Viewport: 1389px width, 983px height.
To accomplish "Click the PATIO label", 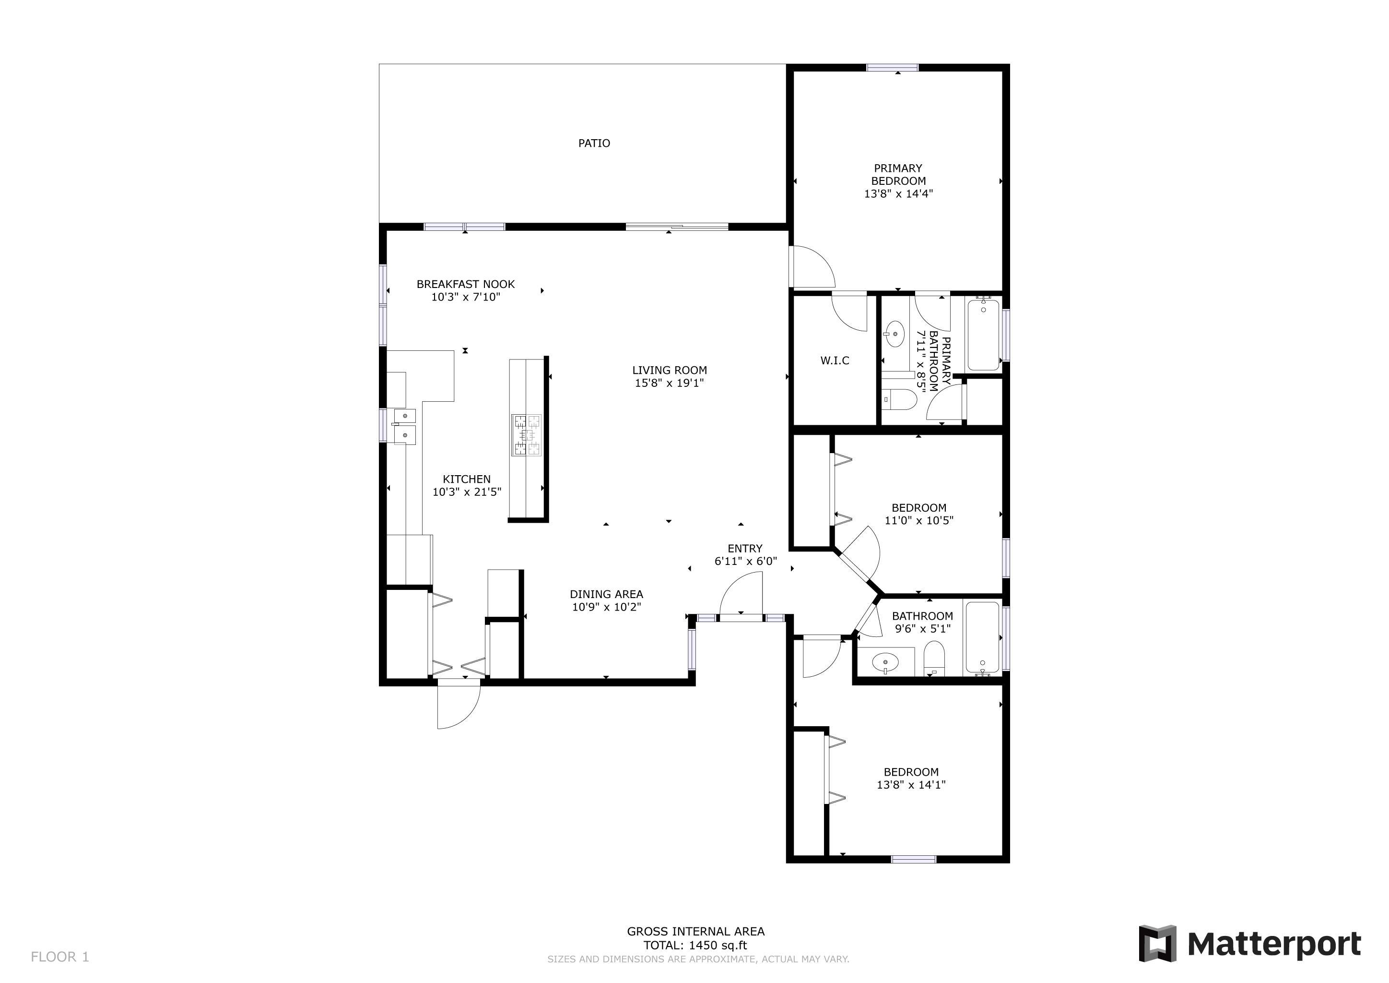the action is [594, 144].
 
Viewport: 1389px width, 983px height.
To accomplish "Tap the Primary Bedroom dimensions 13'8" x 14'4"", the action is [898, 194].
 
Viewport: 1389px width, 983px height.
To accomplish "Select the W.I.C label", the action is [835, 361].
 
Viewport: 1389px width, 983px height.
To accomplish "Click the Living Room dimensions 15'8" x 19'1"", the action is [669, 383].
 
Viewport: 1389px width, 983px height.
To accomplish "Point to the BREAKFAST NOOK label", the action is [466, 284].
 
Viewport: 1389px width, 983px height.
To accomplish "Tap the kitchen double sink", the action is [405, 426].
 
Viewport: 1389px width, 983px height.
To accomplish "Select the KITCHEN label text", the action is [466, 479].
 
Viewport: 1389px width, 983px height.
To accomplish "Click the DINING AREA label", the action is [606, 594].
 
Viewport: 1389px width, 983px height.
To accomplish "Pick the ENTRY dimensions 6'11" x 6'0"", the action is [745, 561].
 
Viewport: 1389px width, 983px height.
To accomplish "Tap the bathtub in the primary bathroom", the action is [984, 334].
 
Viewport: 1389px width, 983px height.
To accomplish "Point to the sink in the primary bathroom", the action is [894, 334].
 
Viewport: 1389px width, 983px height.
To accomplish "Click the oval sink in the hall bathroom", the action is [886, 663].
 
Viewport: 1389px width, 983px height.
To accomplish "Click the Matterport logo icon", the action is [1157, 944].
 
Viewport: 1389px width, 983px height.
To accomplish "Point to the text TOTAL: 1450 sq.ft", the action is [695, 946].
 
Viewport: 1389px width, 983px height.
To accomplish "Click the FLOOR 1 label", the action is [60, 957].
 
